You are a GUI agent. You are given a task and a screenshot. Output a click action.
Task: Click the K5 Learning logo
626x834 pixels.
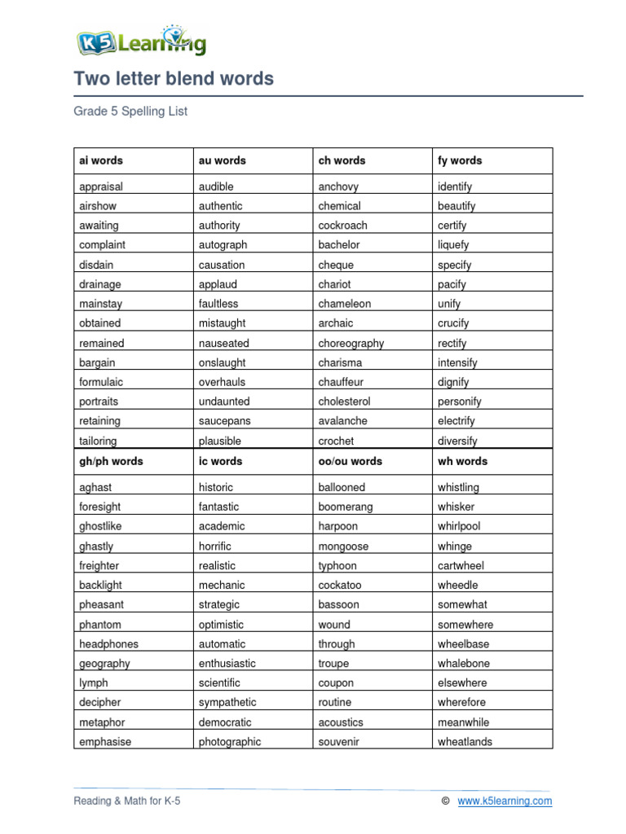point(141,42)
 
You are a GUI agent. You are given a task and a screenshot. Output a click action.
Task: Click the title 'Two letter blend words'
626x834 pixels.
point(174,79)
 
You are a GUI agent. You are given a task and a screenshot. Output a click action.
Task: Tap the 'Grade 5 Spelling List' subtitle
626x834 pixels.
point(130,112)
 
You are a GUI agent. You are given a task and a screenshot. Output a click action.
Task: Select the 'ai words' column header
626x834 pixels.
point(101,160)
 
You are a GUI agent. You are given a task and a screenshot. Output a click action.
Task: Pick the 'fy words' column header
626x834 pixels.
point(460,160)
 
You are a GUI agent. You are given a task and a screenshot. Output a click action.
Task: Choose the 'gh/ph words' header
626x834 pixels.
point(111,461)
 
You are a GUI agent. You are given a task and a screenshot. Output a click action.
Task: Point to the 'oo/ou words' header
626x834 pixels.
point(350,461)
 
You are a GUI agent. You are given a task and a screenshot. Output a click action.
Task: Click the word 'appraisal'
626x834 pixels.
point(101,187)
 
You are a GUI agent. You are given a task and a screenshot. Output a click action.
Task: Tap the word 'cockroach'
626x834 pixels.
point(342,226)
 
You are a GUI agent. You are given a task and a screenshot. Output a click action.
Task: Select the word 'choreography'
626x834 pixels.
point(350,343)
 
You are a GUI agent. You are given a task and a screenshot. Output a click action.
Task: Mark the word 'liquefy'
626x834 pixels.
point(453,245)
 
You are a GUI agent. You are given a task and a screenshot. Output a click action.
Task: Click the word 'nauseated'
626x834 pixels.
point(224,343)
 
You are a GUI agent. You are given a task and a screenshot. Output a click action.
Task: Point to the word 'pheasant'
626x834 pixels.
point(102,604)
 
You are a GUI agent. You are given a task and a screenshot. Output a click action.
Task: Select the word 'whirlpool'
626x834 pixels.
point(459,526)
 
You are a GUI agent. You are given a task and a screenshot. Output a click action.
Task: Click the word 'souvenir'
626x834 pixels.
point(340,741)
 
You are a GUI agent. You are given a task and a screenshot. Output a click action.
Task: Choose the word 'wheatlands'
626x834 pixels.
point(465,741)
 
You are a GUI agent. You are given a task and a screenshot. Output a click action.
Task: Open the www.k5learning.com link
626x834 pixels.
point(505,801)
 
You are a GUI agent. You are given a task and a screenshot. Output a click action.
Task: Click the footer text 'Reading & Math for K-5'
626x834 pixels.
point(127,801)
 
